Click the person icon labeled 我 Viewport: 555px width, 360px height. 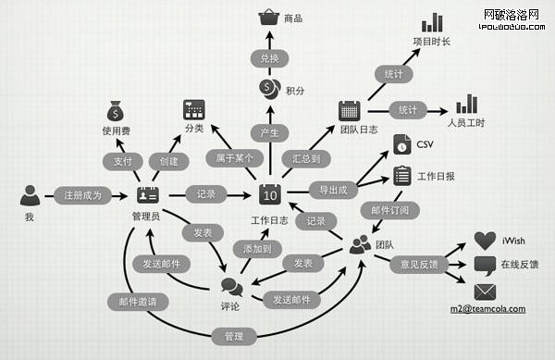(x=30, y=195)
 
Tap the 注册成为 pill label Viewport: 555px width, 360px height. (x=83, y=195)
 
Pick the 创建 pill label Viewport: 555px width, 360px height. (x=169, y=161)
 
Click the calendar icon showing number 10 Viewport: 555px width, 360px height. (x=269, y=194)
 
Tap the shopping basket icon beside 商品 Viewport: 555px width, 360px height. (x=269, y=19)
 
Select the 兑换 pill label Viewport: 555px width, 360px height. (x=269, y=57)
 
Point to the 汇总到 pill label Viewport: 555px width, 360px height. (x=306, y=158)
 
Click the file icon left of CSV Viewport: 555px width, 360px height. (x=401, y=144)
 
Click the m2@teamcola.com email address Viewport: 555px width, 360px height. (x=487, y=309)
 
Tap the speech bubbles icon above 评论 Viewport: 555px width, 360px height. (x=231, y=288)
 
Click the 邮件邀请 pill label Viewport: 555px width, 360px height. (x=137, y=301)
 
